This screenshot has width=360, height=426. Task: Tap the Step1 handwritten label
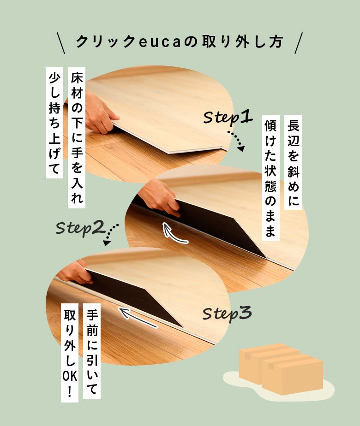tap(228, 117)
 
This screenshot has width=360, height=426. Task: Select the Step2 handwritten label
tap(80, 228)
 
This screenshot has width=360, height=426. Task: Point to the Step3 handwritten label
tap(227, 314)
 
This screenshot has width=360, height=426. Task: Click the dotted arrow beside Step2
tap(110, 234)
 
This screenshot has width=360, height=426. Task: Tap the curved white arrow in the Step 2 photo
tap(173, 234)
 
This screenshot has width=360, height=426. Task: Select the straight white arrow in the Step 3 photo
tap(138, 317)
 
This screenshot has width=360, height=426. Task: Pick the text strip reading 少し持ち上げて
tap(54, 123)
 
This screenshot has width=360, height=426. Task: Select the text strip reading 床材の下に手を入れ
tap(77, 138)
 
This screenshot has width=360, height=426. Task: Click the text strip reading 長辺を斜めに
tap(293, 162)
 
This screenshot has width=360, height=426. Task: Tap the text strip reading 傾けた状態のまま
tap(271, 178)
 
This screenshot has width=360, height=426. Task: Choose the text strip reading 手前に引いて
tap(92, 351)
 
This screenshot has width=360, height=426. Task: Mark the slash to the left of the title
tap(61, 43)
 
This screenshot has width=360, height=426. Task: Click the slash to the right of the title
tap(299, 43)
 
